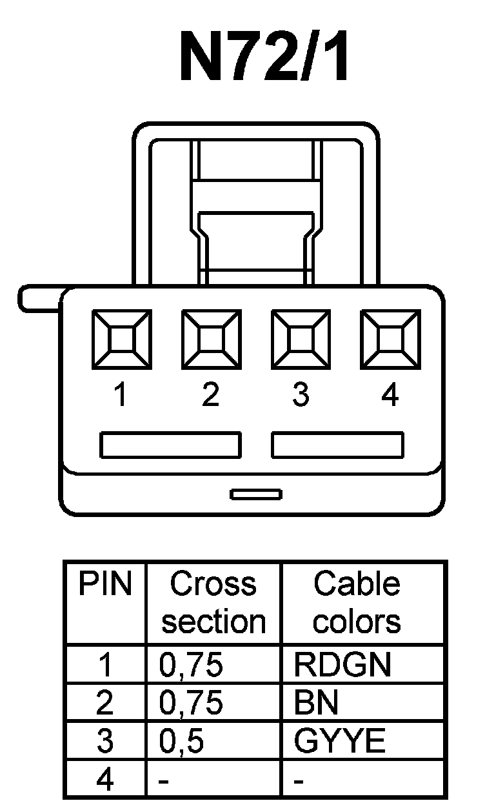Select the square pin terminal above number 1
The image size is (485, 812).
click(122, 338)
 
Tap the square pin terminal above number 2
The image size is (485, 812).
click(212, 338)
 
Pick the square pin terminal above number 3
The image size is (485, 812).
click(301, 338)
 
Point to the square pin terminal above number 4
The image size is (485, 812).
click(390, 338)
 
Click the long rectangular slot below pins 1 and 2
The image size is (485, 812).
click(171, 445)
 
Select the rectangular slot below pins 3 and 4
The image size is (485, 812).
click(338, 445)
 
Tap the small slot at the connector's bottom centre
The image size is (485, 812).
click(256, 494)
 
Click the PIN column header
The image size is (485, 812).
click(105, 585)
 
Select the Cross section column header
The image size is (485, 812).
click(213, 603)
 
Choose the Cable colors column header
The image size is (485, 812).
click(356, 603)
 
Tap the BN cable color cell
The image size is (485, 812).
click(316, 704)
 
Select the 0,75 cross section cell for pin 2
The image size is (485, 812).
click(191, 704)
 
